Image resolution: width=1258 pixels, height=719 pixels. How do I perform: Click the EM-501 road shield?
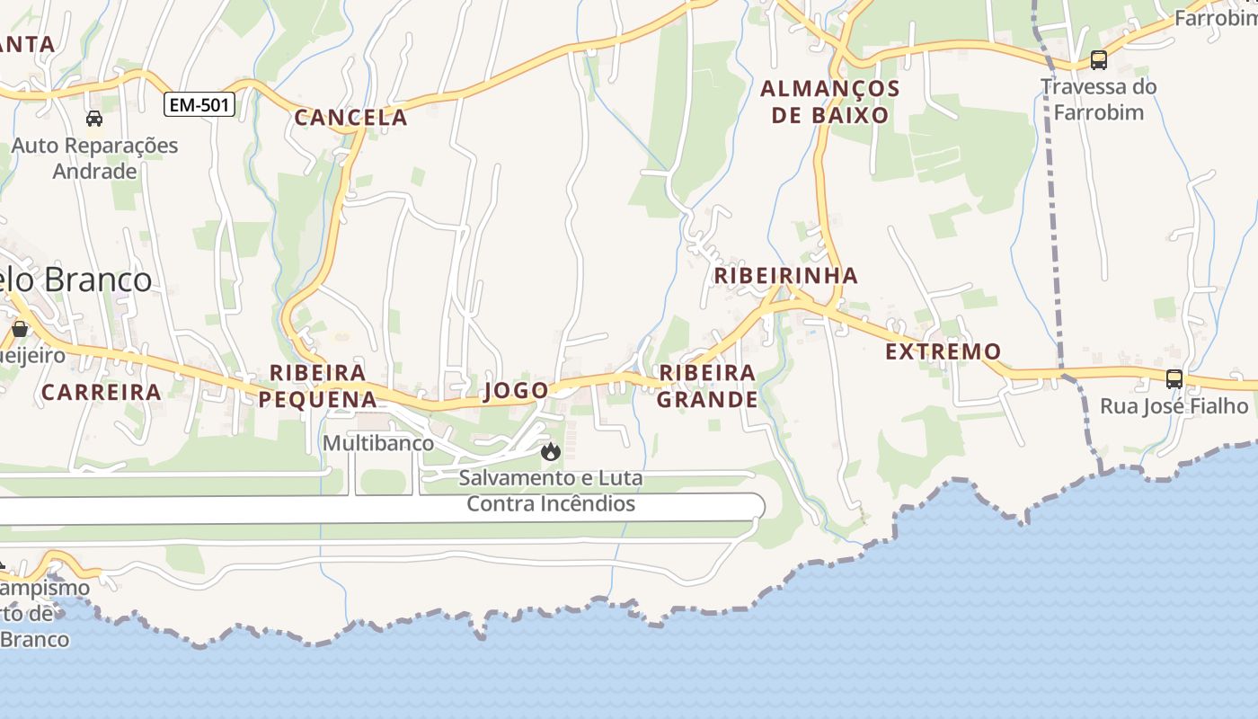[199, 105]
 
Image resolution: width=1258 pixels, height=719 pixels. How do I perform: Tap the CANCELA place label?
[351, 117]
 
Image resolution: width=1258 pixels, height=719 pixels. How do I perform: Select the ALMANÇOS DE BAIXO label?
[830, 102]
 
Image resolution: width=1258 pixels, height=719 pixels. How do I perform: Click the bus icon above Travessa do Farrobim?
[1098, 60]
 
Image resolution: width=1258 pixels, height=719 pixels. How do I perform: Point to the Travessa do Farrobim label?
[1098, 100]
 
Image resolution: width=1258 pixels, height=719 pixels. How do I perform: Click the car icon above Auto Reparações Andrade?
[94, 118]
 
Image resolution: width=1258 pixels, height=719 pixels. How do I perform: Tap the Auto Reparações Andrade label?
[94, 158]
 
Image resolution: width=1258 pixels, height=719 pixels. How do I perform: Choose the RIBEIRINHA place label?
[786, 275]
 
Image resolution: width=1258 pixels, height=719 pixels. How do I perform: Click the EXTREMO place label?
[943, 351]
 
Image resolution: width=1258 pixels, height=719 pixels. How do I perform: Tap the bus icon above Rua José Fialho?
[1174, 379]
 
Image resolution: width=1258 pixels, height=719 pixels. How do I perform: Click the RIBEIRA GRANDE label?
[707, 386]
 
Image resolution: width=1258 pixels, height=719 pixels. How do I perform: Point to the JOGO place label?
[516, 390]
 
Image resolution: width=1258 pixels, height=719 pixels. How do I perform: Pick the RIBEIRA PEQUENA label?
[318, 386]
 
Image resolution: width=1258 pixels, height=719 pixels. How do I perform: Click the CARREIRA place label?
[102, 392]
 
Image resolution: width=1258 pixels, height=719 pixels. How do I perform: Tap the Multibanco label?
[378, 443]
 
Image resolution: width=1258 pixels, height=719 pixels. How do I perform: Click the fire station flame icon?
[551, 450]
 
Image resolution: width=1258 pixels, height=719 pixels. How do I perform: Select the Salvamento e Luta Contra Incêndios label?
[550, 491]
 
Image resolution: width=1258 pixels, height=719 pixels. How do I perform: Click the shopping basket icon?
[20, 329]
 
